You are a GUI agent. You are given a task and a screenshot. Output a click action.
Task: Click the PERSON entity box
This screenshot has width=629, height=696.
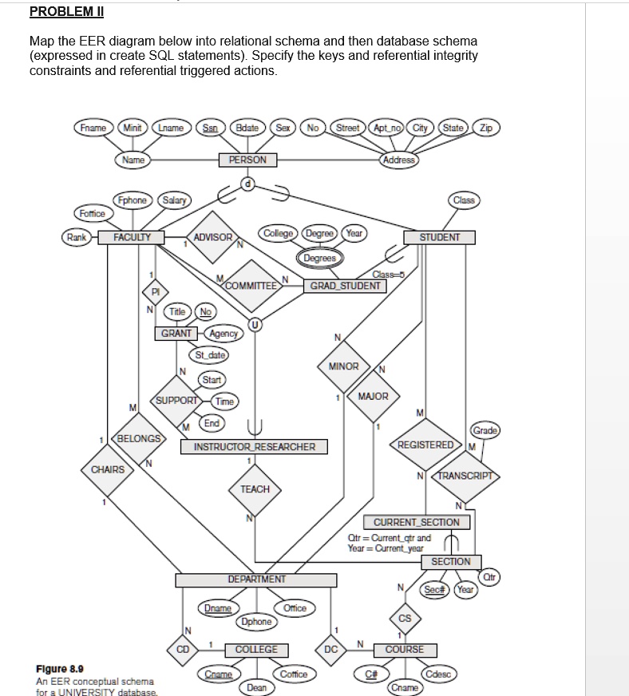coord(248,160)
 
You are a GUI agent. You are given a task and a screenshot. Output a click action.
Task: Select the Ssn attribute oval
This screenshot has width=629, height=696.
coord(211,128)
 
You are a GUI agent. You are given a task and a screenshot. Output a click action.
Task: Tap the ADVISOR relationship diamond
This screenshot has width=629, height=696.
coord(212,237)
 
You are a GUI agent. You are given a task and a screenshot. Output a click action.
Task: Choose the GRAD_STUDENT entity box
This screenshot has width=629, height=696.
coord(345,285)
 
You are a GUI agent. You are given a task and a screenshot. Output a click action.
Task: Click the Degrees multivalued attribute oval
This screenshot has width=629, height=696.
coord(320,259)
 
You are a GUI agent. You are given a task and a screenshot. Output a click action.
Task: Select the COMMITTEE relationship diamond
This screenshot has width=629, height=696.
coord(252,285)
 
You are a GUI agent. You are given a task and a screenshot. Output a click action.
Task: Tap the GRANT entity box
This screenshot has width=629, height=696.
coord(176,333)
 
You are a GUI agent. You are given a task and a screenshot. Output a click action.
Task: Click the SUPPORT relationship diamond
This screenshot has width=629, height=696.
coord(176,399)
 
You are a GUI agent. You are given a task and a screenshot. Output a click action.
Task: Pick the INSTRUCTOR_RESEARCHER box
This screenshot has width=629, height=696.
coord(254,447)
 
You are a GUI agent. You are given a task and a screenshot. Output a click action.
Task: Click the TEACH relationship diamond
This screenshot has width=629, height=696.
coord(255,488)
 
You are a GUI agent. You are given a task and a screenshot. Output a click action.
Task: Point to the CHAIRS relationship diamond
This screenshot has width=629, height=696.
coord(107,469)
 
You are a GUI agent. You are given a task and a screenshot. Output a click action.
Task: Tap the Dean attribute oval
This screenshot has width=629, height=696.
coord(256,686)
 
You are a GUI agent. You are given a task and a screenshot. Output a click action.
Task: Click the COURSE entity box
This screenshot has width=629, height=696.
coord(405,650)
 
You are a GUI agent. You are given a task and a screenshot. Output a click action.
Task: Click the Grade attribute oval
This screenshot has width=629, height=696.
coord(485,430)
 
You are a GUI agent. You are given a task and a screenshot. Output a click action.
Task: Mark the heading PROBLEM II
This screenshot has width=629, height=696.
coord(66,12)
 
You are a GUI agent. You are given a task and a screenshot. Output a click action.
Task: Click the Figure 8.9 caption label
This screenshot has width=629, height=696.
coord(61,669)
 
